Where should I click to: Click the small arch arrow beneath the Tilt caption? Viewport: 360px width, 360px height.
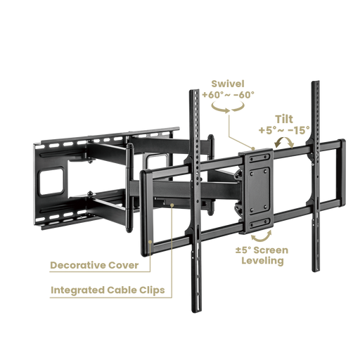(x=282, y=141)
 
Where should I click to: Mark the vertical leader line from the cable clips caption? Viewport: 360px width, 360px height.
(x=171, y=246)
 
